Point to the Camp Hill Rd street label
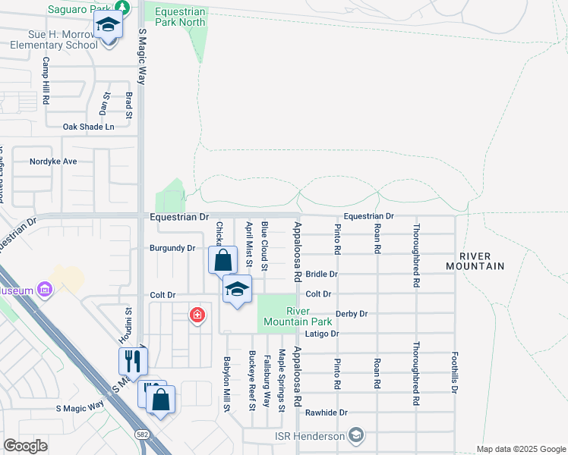tap(46, 81)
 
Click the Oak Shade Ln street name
tap(88, 127)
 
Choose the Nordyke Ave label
tap(53, 162)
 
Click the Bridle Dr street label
tap(322, 274)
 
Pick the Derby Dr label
tap(352, 313)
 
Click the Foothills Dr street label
tap(455, 372)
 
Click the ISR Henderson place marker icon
tap(356, 435)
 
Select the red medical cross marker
tap(197, 314)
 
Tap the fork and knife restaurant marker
tap(133, 359)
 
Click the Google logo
tap(26, 446)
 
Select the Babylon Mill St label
tap(226, 384)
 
